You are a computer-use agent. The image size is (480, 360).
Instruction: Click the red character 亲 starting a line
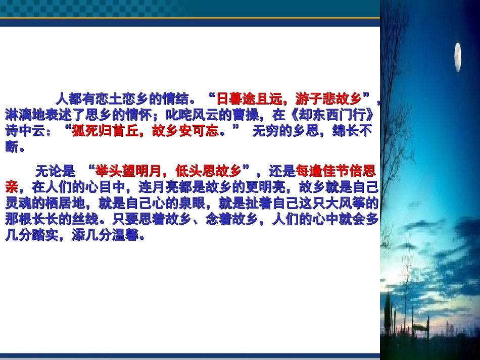click(11, 186)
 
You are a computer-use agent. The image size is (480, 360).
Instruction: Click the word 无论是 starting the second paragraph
click(55, 169)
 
